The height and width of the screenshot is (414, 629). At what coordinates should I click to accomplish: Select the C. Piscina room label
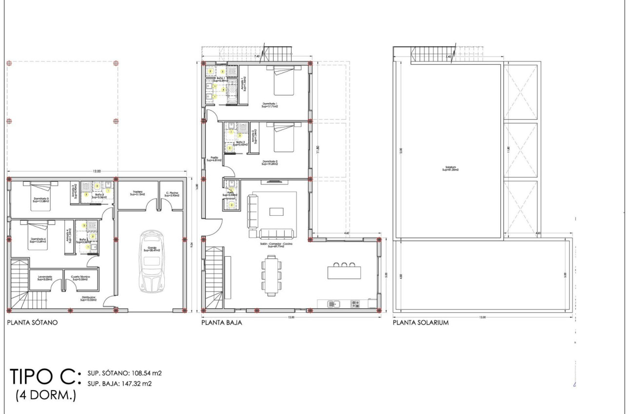[x=172, y=193]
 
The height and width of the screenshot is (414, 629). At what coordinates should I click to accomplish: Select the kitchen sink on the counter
[x=333, y=304]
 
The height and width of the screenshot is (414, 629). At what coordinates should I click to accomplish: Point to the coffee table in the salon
[x=276, y=211]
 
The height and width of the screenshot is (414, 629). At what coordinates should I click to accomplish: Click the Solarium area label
[x=451, y=169]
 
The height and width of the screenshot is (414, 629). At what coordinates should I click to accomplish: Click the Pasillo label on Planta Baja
[x=214, y=159]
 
